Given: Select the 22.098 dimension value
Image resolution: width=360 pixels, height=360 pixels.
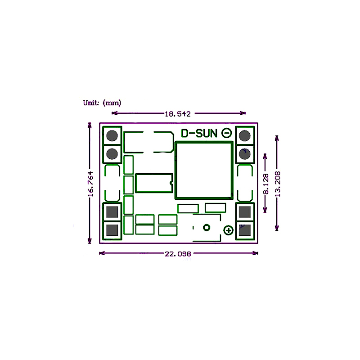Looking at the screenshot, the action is click(178, 254).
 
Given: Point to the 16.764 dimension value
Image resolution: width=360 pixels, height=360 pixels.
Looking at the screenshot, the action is click(90, 184).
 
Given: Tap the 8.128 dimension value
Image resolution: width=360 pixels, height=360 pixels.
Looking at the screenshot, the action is click(266, 184).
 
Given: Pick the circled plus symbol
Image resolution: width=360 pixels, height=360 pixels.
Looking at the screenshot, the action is click(229, 230).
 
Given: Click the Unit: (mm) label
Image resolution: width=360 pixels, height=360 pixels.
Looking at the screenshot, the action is click(102, 103).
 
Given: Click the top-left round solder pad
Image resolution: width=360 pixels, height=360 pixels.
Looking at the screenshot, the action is click(112, 135).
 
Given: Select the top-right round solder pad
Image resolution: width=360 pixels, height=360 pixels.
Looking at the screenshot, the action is click(245, 135).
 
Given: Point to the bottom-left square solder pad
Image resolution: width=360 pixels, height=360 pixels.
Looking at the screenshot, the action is click(112, 230).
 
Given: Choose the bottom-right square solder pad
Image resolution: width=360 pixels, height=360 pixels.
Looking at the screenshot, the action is click(245, 230).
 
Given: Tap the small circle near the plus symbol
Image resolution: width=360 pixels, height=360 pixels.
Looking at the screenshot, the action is click(207, 227).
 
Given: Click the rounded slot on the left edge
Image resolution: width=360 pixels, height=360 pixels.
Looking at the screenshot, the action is click(112, 183).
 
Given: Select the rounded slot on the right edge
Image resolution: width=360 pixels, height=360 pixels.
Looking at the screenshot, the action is click(245, 183).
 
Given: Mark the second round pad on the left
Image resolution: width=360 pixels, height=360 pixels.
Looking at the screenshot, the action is click(112, 154).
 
